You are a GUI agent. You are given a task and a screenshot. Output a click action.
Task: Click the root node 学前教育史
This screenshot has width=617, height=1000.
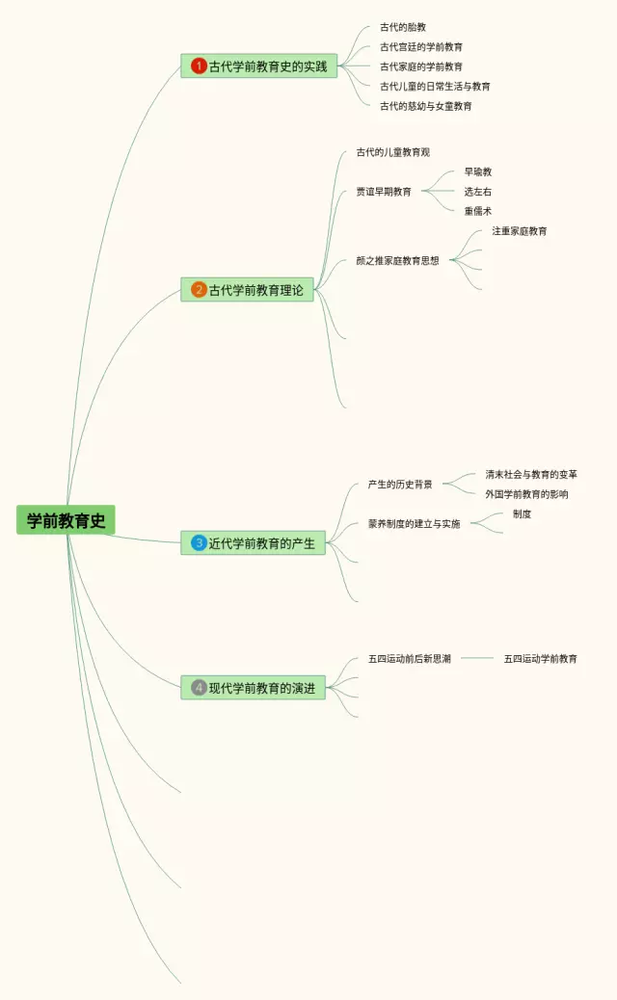point(66,520)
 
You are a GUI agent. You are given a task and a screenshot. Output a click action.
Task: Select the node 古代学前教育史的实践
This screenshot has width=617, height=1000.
point(258,66)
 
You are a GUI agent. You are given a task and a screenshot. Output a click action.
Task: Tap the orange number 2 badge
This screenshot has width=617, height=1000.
point(199,289)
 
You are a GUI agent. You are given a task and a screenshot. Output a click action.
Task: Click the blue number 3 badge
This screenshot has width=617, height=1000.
point(199,543)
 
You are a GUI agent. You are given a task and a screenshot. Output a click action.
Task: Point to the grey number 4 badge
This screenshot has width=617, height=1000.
point(199,688)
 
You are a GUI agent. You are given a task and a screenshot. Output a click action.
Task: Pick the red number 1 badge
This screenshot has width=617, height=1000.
point(199,66)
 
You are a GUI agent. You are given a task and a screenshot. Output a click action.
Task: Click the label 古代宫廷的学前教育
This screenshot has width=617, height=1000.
point(420,46)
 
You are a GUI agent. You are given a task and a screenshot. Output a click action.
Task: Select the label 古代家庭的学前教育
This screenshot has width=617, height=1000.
point(420,66)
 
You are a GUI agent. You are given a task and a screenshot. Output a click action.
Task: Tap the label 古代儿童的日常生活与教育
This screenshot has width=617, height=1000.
point(435,86)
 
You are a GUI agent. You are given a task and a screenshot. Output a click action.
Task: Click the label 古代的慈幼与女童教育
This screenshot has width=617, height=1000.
point(425,106)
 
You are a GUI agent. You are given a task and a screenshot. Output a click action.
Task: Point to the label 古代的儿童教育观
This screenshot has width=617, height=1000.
point(392,152)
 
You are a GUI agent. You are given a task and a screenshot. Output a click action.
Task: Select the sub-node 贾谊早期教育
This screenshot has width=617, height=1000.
point(384,192)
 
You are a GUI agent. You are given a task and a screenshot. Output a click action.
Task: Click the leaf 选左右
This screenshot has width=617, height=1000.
point(477,192)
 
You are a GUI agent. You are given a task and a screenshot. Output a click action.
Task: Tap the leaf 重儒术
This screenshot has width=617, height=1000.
point(477,211)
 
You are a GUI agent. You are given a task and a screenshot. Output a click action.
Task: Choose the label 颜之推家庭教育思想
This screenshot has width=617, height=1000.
point(397,260)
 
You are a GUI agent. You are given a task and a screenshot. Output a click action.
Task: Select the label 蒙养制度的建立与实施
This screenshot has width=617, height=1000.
point(414,524)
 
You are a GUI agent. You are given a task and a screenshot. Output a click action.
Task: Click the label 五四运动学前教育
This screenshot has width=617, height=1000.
point(540,659)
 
